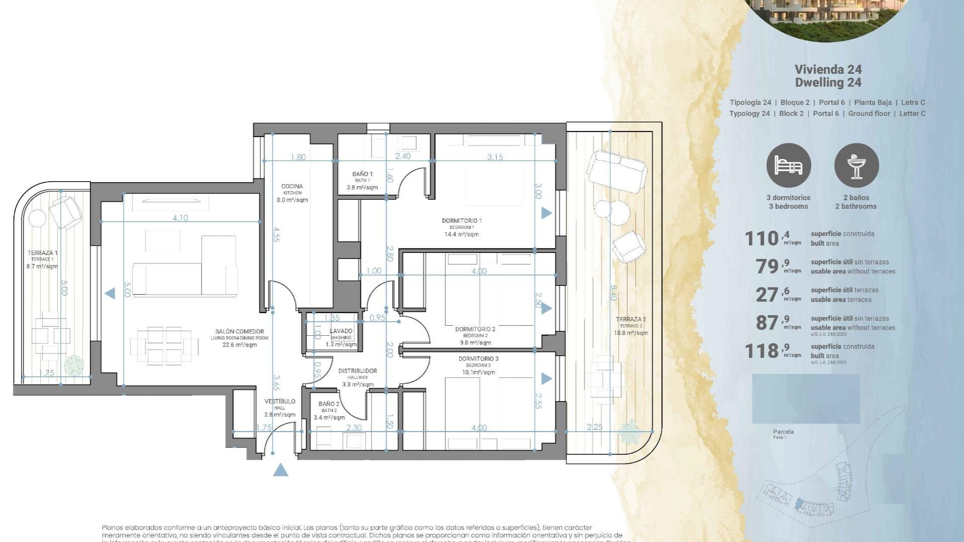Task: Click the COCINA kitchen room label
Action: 292,187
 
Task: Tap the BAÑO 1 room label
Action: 362,174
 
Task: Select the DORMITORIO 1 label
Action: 461,221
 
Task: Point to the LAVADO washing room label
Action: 341,331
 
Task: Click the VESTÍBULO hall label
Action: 280,401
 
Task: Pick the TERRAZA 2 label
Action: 631,319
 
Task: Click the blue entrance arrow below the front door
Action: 281,470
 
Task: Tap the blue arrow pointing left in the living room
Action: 109,294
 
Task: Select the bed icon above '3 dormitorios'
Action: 788,166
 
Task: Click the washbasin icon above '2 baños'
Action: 856,166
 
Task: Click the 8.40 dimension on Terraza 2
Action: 613,293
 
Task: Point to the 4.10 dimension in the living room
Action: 180,218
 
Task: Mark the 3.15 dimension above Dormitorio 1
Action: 495,157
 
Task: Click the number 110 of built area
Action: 761,239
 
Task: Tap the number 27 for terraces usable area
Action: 767,295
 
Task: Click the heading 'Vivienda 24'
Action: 828,69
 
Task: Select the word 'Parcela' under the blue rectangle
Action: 783,432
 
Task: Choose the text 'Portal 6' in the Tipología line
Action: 832,102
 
